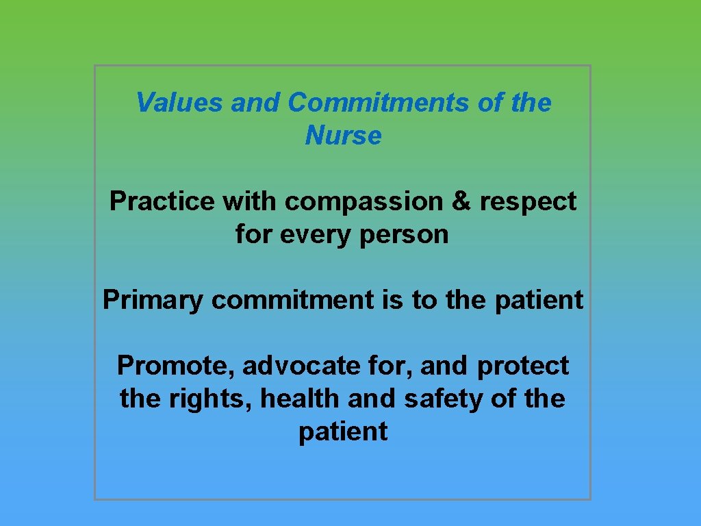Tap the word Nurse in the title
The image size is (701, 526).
click(x=343, y=136)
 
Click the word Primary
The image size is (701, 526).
click(x=153, y=300)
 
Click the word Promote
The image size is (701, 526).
click(x=175, y=366)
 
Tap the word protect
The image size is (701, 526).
click(x=523, y=366)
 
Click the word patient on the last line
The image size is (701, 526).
click(x=343, y=432)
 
